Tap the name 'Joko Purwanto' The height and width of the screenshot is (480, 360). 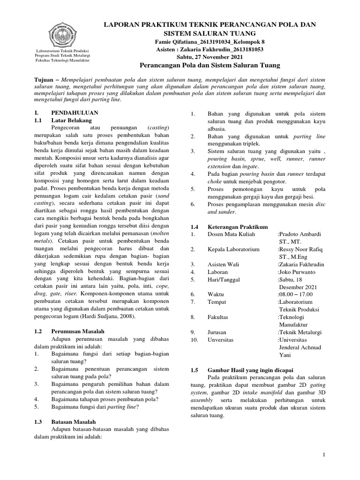coord(298,272)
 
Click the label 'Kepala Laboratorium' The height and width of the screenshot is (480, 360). coord(233,249)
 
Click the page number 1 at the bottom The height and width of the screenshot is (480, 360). coord(323,455)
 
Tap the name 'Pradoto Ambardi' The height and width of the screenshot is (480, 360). coord(300,234)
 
